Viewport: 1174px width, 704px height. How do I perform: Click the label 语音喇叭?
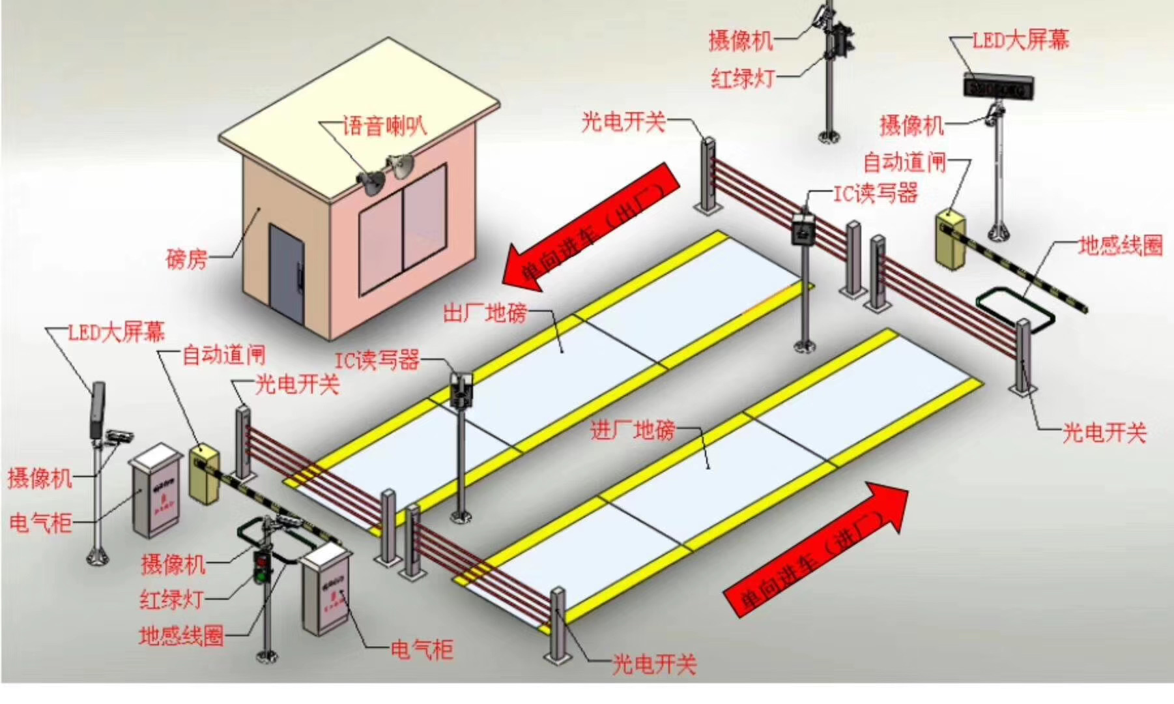click(384, 125)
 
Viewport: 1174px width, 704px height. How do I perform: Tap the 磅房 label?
click(186, 259)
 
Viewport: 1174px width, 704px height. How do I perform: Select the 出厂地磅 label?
click(485, 314)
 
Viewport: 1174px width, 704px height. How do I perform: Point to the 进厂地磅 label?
click(632, 430)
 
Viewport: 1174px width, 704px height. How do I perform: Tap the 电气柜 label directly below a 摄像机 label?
click(40, 523)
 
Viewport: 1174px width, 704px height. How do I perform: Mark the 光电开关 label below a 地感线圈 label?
click(1104, 432)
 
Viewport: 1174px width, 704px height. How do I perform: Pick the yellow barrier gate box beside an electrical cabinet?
click(204, 473)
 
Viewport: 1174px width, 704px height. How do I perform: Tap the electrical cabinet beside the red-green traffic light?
click(326, 587)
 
